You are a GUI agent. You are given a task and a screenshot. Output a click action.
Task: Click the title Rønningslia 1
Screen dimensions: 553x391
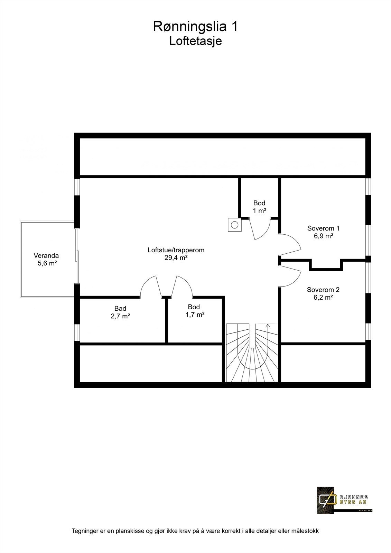coord(195,27)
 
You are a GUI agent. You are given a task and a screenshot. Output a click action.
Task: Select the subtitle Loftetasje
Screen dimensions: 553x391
coord(195,41)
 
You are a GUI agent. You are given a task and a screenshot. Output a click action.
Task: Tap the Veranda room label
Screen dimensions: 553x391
coord(46,256)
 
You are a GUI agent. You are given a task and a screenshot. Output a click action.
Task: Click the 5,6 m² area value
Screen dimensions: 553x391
coord(47,263)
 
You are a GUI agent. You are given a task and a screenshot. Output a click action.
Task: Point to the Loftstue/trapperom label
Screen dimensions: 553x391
coord(176,250)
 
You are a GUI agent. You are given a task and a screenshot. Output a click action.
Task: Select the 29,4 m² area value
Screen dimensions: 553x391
coord(176,257)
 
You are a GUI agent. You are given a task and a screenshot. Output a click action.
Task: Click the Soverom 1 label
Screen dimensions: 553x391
coord(323,228)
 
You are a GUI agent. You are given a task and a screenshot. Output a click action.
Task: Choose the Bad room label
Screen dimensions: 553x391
coord(120,308)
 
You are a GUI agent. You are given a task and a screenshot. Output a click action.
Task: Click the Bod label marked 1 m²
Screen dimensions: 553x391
coord(259,203)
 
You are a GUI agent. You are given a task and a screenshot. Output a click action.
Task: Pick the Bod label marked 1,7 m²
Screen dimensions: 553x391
coord(194,307)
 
